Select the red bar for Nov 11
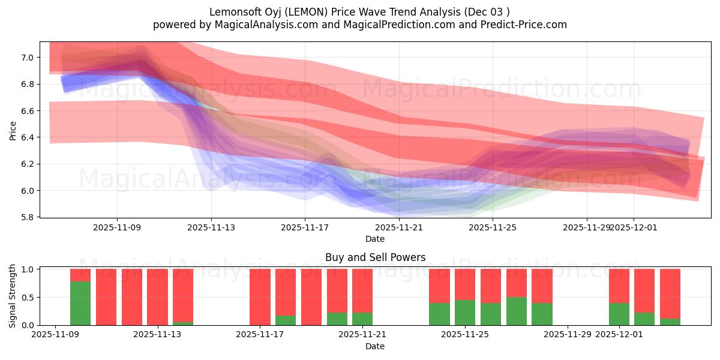click(106, 297)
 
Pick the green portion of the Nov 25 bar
click(465, 313)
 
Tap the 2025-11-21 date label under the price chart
click(399, 227)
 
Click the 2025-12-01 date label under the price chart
click(634, 227)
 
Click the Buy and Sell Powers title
click(375, 257)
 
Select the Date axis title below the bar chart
click(375, 346)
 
